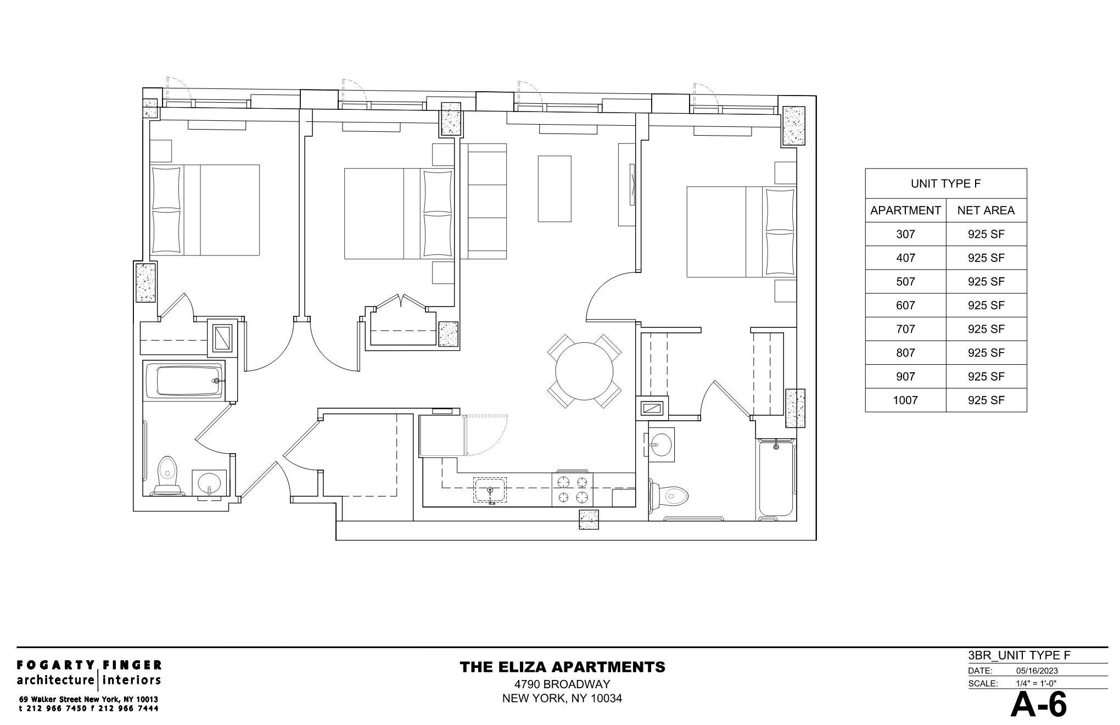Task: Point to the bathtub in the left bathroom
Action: (x=189, y=380)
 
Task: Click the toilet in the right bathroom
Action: (x=670, y=496)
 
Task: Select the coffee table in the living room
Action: (x=554, y=188)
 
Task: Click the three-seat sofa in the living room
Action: (x=483, y=201)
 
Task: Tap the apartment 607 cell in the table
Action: (x=905, y=305)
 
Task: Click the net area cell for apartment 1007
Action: (x=986, y=400)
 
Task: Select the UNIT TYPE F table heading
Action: (x=945, y=184)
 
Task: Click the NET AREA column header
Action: (x=986, y=210)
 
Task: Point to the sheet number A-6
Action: (x=1038, y=705)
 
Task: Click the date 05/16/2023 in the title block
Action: (x=1037, y=671)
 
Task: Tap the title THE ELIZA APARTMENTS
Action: (x=562, y=667)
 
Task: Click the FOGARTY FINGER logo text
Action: (x=89, y=665)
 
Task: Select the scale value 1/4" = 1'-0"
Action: (x=1036, y=684)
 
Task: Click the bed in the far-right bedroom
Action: (x=741, y=232)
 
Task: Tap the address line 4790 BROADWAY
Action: (x=562, y=684)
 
